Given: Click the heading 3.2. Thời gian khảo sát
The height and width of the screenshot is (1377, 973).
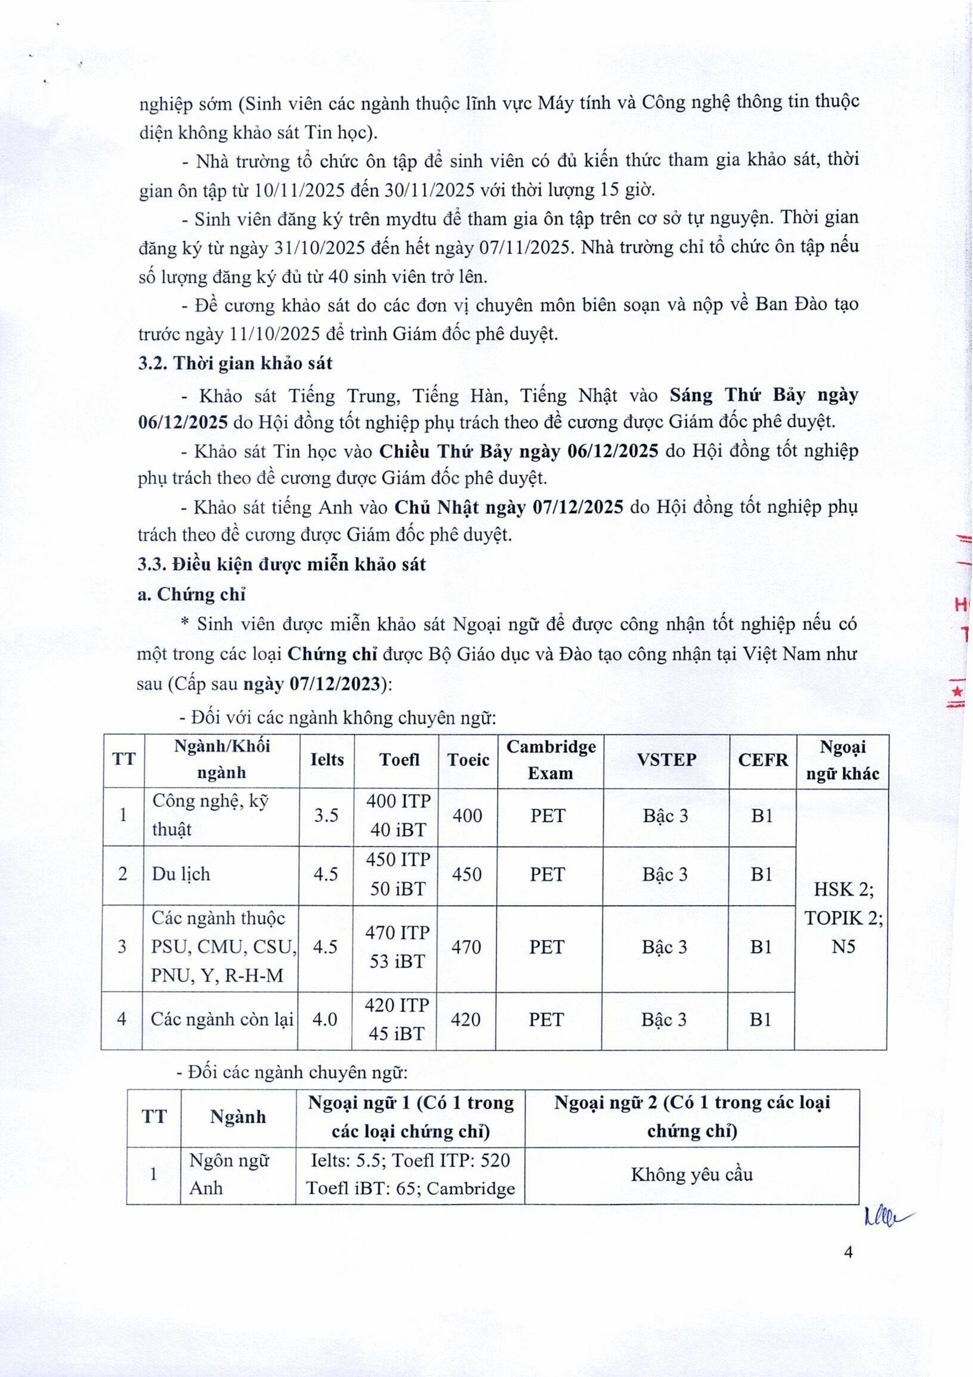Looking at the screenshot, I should pos(235,363).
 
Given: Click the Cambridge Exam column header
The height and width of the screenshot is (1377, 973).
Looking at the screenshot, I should pos(551,760).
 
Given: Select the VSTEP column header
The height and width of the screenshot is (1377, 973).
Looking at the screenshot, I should pos(666,760).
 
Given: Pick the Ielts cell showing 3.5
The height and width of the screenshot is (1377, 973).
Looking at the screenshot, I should pos(326,816).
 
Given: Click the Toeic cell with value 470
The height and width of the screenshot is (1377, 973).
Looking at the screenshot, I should pos(466,947).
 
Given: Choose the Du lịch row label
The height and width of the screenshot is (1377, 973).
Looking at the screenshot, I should pos(181,874).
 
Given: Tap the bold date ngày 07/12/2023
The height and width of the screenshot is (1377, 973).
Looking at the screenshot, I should pos(312,684).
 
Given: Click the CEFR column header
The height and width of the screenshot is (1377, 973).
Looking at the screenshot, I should pos(763,760).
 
